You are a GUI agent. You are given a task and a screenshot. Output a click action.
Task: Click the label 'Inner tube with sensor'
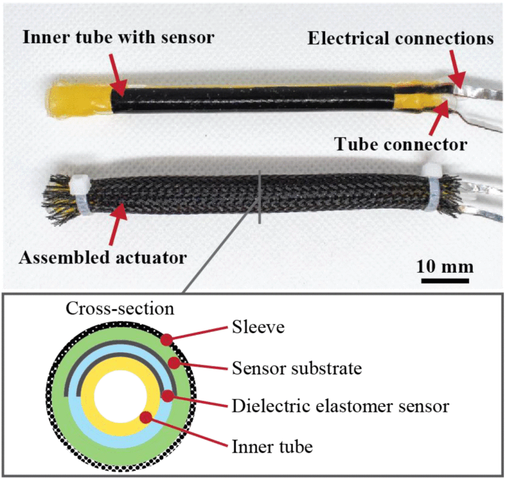coord(118,38)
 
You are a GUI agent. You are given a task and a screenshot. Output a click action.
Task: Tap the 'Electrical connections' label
coord(400,38)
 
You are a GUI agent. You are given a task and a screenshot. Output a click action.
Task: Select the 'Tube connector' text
coord(400,144)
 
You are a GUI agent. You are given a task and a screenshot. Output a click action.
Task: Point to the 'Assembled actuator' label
coord(103,257)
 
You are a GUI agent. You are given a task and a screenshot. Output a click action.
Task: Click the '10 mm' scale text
coord(445,267)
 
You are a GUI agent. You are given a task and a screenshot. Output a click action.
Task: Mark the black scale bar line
coord(445,281)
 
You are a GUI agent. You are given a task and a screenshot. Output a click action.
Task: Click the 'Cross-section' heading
coord(120,308)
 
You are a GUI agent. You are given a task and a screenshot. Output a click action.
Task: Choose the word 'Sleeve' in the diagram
coord(258,328)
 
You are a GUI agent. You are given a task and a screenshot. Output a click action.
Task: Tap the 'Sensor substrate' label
coord(297,368)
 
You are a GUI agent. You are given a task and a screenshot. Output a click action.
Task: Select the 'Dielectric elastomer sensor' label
coord(341,406)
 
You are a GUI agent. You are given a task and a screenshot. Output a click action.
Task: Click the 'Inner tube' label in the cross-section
coord(272,446)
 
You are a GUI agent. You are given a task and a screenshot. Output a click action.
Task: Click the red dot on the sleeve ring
coord(166,340)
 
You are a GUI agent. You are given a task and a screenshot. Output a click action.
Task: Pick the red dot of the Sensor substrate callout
coord(174,363)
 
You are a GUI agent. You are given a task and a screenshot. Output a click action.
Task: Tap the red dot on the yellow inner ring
coord(146,417)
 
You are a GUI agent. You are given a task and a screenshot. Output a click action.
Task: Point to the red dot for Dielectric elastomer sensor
coord(168,396)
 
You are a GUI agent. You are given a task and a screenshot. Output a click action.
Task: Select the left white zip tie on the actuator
coord(78,194)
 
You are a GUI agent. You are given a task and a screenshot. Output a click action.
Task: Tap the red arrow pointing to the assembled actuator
coord(118,223)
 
